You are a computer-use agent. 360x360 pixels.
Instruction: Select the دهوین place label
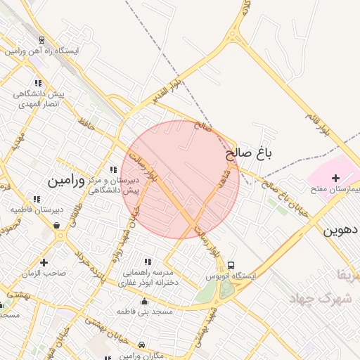tap(341, 230)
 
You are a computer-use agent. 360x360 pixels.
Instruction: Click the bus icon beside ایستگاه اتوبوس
tap(231, 265)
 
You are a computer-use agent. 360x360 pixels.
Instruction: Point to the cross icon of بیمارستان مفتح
tap(335, 179)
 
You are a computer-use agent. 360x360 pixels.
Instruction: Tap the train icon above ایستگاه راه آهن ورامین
tap(43, 41)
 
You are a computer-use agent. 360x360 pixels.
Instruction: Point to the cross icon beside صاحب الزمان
tap(44, 262)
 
